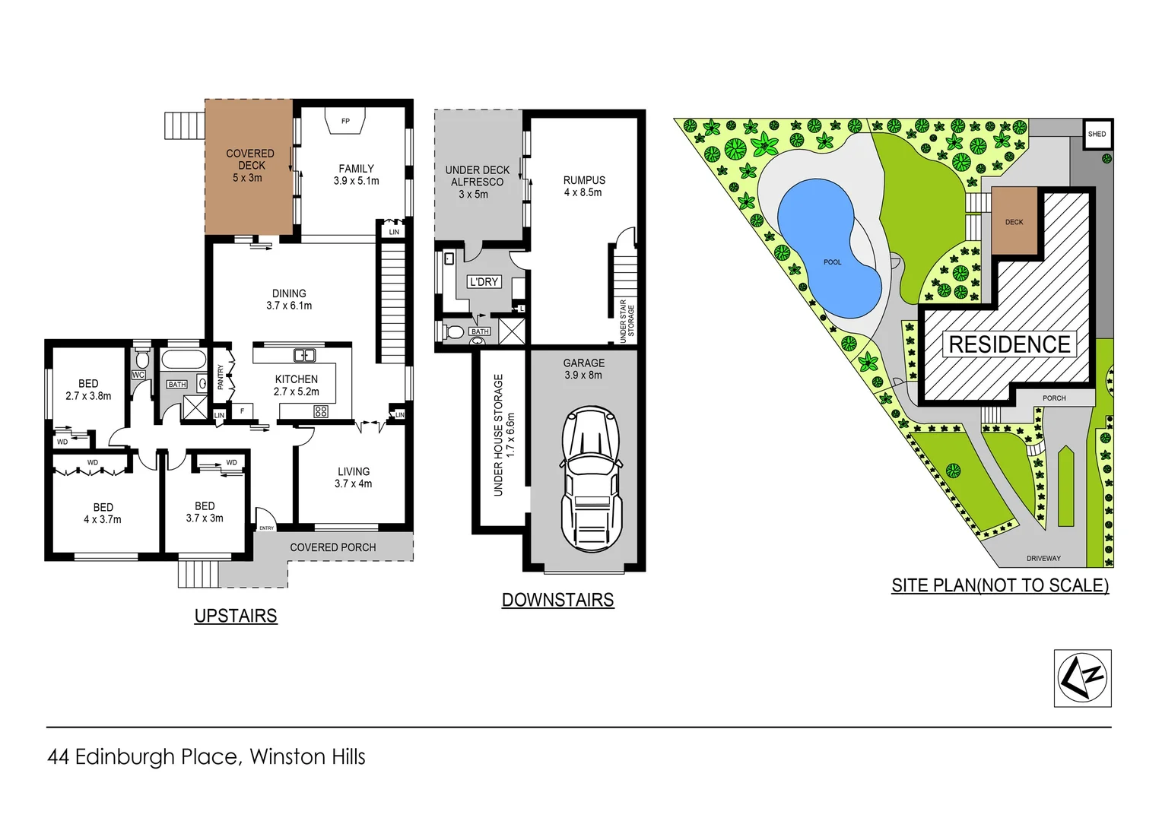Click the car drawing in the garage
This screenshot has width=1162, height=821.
[592, 479]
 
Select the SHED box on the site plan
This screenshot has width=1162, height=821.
[1097, 134]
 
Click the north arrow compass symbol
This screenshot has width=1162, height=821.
[1082, 678]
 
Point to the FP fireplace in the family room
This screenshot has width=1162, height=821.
[345, 122]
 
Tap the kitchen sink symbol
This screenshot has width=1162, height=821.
[304, 355]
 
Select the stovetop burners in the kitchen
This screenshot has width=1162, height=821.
[321, 411]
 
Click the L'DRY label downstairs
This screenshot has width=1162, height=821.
[484, 281]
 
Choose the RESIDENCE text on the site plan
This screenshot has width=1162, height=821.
[1009, 344]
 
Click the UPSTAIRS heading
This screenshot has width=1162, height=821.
[236, 616]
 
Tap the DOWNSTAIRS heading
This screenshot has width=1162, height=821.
[557, 600]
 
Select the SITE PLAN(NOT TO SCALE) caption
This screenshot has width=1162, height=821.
[1000, 585]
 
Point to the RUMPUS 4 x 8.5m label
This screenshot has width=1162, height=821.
[584, 186]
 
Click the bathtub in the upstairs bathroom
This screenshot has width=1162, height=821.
[183, 360]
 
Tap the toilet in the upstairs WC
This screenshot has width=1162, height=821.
[141, 359]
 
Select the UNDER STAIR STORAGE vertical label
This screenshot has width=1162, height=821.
[627, 322]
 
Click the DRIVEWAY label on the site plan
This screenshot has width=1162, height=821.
[1043, 558]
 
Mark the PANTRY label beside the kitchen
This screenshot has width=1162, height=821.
[221, 376]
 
